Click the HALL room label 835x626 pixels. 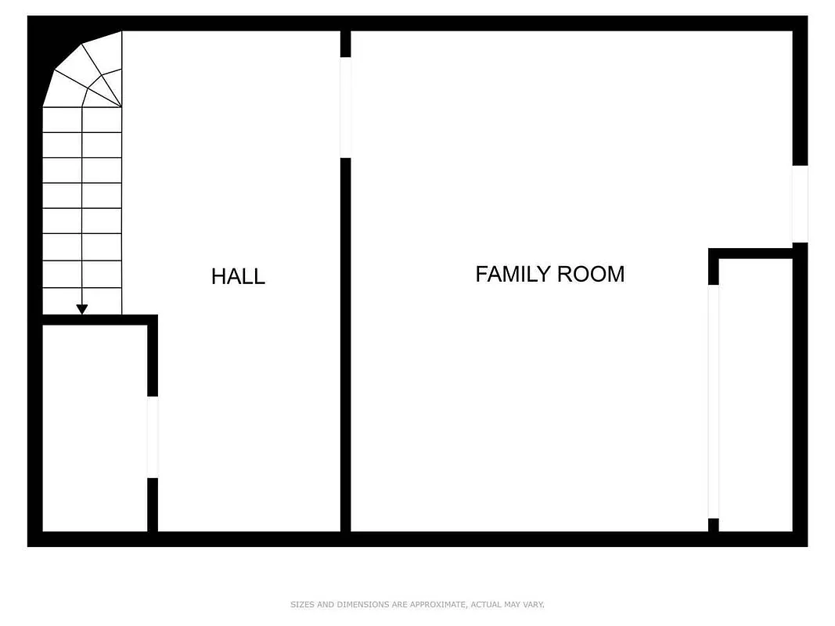point(238,276)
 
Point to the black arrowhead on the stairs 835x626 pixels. point(82,310)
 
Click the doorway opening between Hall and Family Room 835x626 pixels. point(345,107)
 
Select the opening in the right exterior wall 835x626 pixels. point(800,203)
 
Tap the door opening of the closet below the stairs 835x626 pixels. point(153,437)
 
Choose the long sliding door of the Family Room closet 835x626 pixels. point(713,401)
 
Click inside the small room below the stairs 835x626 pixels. point(94,426)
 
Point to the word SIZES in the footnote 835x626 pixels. point(301,604)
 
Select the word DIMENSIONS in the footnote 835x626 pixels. point(358,604)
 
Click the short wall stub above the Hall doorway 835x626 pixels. point(345,44)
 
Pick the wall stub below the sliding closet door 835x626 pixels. point(713,525)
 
